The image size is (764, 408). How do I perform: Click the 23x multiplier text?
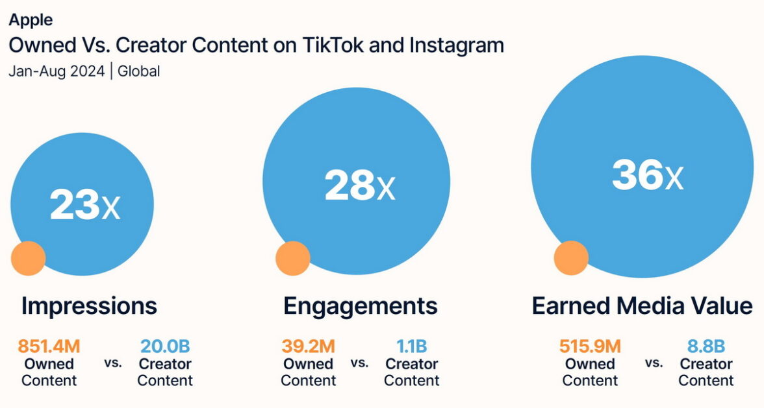click(x=85, y=206)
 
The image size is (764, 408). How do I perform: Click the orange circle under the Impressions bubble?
click(x=29, y=258)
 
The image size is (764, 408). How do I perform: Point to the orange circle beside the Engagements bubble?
click(x=293, y=258)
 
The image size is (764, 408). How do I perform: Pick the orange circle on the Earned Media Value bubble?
click(x=571, y=258)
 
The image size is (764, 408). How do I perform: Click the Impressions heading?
click(x=89, y=306)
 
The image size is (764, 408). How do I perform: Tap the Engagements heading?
click(x=360, y=306)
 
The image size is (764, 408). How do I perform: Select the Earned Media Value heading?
click(x=642, y=306)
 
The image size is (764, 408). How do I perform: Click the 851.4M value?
click(x=49, y=346)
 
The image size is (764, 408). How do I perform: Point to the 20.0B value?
click(x=165, y=346)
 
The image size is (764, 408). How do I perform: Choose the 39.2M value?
click(x=308, y=346)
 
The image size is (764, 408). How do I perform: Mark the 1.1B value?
click(x=411, y=346)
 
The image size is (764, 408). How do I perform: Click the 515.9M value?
click(x=589, y=346)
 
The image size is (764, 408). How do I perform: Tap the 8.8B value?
click(x=706, y=346)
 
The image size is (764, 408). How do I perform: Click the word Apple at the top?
click(x=31, y=19)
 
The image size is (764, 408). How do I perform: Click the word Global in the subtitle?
click(x=138, y=71)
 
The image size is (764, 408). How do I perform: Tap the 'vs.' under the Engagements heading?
click(x=359, y=363)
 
